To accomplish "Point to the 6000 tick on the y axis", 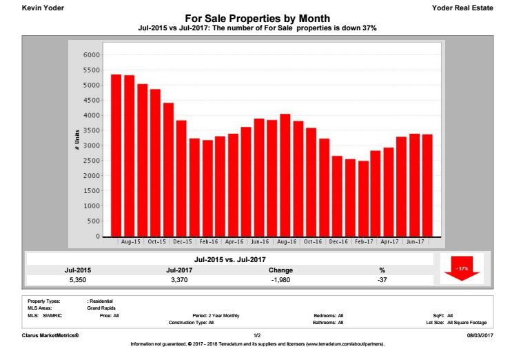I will click(91, 55).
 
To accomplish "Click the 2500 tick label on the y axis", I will click(91, 161).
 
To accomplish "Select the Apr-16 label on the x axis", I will click(234, 242).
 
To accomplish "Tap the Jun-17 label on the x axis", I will click(416, 242).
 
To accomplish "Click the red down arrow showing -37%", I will click(462, 269).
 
